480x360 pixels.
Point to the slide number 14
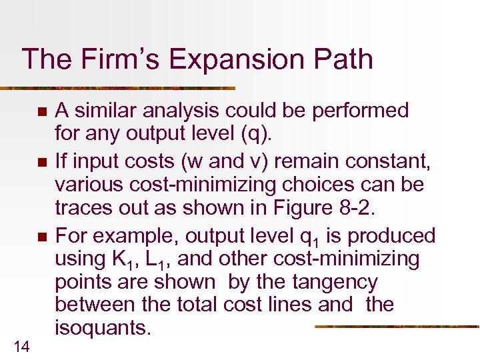click(20, 345)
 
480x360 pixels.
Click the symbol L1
click(167, 260)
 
